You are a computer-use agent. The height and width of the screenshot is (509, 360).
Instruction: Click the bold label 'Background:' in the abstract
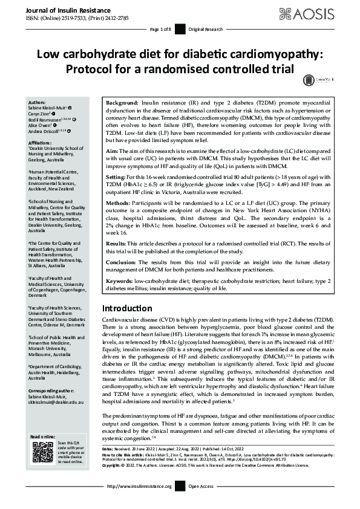tap(123, 104)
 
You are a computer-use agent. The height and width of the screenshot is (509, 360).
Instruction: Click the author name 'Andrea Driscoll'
tap(43, 130)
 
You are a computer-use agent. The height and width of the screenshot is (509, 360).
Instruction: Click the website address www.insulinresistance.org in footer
tap(139, 503)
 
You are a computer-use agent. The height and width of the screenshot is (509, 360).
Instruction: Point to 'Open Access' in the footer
tap(201, 503)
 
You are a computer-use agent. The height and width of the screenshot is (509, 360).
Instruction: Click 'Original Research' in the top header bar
tap(206, 30)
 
